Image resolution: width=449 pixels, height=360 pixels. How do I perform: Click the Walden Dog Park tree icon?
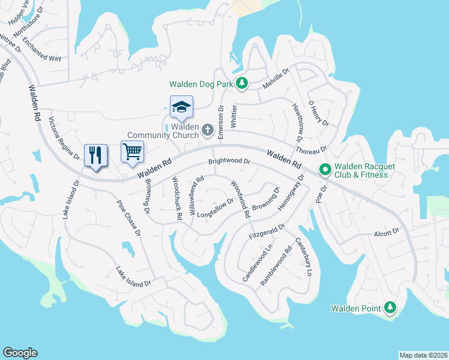click(241, 83)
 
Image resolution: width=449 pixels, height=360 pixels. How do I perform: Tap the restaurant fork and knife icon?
click(95, 155)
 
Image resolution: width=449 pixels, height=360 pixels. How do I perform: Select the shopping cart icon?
click(133, 151)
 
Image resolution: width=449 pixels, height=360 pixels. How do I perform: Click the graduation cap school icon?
click(181, 107)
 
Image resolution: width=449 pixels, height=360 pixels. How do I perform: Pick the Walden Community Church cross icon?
click(207, 130)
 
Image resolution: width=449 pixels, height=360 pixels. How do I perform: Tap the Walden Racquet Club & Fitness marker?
click(325, 170)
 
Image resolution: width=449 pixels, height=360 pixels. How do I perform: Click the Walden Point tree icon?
click(390, 308)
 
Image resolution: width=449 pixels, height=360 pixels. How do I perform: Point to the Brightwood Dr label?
click(229, 161)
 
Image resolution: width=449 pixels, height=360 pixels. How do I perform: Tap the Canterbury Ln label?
click(304, 257)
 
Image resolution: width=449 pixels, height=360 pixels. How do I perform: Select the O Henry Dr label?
click(319, 113)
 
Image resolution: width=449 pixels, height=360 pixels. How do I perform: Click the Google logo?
click(20, 353)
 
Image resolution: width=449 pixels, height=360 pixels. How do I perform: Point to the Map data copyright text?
click(423, 355)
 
